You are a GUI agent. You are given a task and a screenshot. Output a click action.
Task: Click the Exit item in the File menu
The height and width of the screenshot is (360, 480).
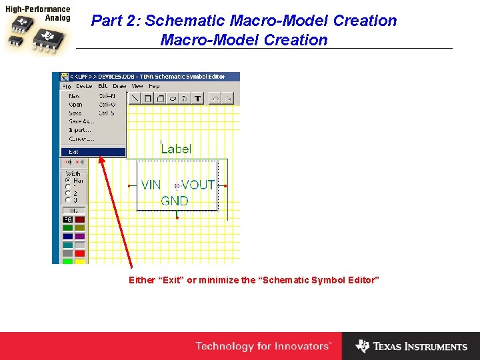(x=74, y=152)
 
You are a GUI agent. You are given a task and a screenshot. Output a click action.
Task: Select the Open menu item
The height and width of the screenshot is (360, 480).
(x=76, y=105)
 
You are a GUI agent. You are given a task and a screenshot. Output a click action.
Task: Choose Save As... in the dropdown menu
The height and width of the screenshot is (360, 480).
(x=79, y=121)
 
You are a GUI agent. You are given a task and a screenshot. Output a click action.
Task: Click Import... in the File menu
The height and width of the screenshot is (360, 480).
(x=79, y=130)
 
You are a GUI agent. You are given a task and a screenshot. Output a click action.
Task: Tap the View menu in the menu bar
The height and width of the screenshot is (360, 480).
(x=137, y=86)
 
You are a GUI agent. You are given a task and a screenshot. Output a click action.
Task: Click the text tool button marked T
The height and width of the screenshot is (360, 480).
(x=198, y=99)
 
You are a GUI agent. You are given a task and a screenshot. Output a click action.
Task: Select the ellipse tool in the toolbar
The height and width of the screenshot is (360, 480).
(x=172, y=99)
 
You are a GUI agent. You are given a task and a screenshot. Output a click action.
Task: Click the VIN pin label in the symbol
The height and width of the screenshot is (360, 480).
(x=151, y=185)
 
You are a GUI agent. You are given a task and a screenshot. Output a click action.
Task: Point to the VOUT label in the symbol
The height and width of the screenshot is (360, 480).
(x=198, y=185)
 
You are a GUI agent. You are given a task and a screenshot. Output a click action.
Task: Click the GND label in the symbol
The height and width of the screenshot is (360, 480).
(x=175, y=201)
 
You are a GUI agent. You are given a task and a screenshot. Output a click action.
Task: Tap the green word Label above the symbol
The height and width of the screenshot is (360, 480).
(x=176, y=149)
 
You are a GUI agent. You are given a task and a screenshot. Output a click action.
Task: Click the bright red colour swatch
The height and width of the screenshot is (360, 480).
(x=80, y=253)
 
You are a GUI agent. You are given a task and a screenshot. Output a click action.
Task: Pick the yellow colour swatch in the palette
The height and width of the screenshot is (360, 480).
(x=80, y=261)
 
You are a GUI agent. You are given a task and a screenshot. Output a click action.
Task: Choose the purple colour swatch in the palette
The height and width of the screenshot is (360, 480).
(x=80, y=236)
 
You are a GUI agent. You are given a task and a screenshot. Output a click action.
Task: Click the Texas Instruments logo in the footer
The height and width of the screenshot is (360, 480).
(x=411, y=346)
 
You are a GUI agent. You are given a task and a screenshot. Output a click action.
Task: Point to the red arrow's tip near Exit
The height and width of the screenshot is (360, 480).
(x=99, y=157)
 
